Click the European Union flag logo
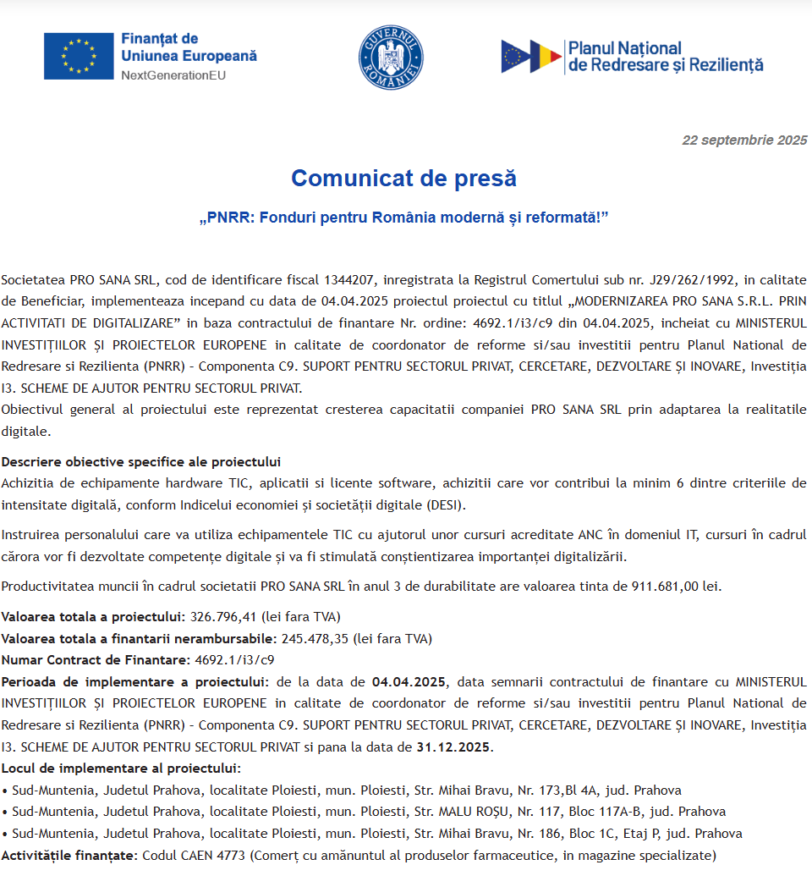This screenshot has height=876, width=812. [x=79, y=56]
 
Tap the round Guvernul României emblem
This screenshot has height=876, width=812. [x=390, y=57]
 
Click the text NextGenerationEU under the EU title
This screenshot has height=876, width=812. [x=173, y=75]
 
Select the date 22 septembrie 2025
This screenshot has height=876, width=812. [x=744, y=140]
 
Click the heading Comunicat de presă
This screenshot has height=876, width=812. [x=403, y=179]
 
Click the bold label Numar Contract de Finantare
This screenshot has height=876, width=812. [x=95, y=660]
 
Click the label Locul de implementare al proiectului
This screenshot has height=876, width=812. [x=120, y=768]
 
